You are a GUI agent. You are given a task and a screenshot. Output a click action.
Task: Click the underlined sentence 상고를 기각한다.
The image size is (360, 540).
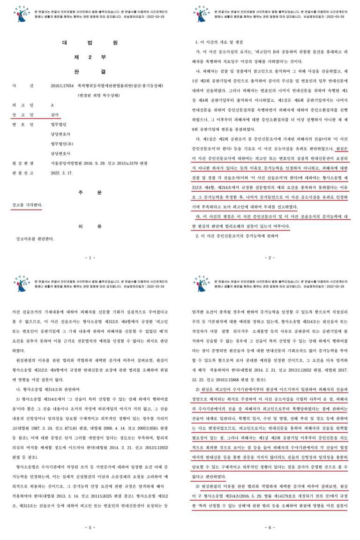click(29, 192)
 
